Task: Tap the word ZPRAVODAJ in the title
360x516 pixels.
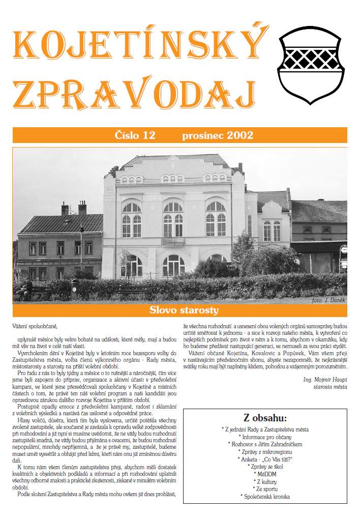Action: (133, 93)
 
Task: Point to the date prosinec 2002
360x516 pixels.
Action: (217, 135)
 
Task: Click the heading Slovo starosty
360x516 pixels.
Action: (184, 310)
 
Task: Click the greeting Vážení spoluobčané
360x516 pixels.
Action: (35, 325)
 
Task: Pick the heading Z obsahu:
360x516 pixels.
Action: (265, 418)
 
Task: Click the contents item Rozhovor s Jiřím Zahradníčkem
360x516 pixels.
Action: (265, 444)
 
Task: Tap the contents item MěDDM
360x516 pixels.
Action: (265, 473)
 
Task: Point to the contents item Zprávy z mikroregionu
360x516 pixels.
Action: (265, 451)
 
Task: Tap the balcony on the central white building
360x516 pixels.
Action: (173, 241)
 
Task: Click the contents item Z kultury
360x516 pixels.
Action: (265, 481)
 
